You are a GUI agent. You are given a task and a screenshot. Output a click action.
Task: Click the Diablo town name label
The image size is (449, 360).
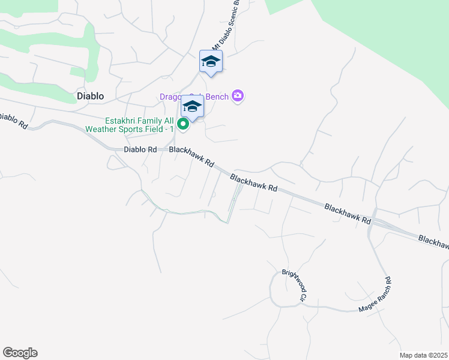tap(90, 96)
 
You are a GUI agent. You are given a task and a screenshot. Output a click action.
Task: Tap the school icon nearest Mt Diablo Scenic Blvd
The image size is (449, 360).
tap(211, 62)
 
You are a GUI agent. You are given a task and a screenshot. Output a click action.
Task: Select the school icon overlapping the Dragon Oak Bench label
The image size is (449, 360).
tap(192, 107)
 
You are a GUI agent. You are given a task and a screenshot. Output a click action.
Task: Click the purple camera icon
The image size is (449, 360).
tap(238, 96)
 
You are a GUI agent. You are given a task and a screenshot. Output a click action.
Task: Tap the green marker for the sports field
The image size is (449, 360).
tap(184, 125)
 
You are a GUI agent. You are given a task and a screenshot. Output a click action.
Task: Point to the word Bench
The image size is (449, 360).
tap(217, 97)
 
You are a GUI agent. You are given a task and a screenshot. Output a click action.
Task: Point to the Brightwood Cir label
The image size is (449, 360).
tap(294, 285)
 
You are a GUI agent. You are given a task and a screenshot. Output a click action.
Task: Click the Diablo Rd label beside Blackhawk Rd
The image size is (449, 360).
tap(140, 149)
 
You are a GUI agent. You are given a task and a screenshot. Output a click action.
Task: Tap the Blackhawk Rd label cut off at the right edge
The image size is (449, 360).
tap(433, 241)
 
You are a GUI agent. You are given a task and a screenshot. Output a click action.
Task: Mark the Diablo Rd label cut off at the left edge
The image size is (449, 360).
tap(14, 120)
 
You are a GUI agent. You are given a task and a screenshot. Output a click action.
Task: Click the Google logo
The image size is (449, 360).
tap(20, 353)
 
